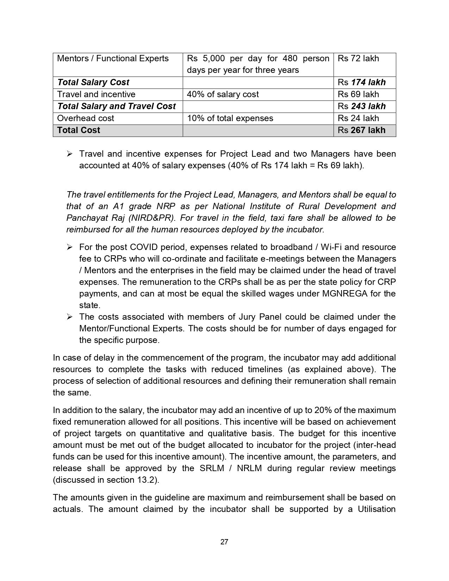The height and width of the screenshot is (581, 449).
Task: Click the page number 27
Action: tap(224, 542)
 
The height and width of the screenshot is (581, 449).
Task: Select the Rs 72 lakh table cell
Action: tap(358, 58)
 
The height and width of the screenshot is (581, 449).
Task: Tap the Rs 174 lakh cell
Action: tap(362, 82)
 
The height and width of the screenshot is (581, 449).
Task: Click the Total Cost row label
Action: tap(79, 130)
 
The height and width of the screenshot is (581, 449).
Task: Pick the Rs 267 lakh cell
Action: tap(362, 130)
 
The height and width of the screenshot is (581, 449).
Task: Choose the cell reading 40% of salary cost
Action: tap(223, 94)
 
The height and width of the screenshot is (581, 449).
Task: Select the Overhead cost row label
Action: tap(86, 118)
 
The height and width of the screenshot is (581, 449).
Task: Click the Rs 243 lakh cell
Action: tap(362, 106)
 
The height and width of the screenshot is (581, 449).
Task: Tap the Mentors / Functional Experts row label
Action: tap(113, 58)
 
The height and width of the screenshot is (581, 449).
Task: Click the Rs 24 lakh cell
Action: tap(358, 118)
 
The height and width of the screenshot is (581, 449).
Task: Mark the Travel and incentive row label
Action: tap(96, 94)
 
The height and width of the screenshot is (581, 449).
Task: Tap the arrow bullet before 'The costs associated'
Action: tap(69, 317)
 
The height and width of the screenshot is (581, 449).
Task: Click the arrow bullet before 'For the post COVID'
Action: tap(69, 247)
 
